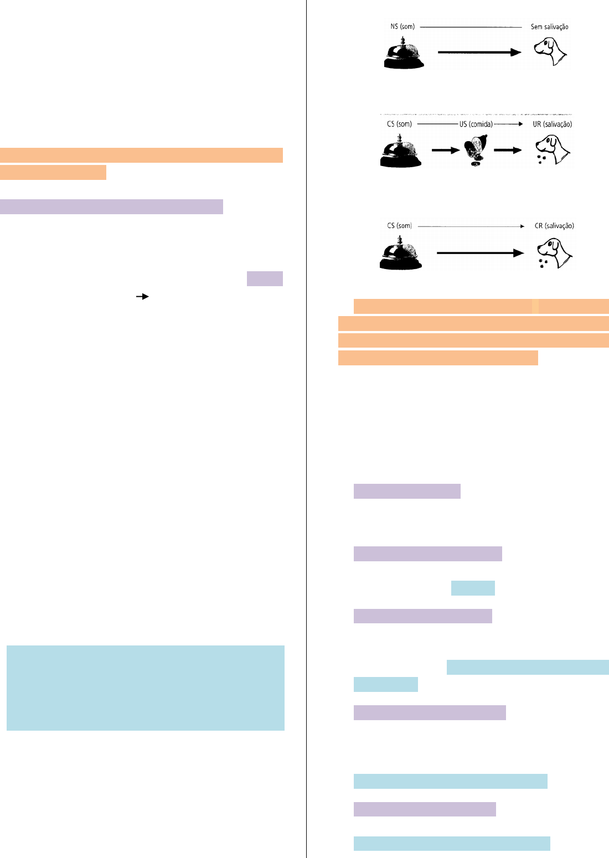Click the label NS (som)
402,27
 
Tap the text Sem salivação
549,27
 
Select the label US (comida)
476,124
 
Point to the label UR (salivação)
553,124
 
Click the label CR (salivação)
554,226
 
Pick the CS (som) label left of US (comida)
399,124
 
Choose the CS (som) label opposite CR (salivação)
399,226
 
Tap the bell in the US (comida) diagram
401,151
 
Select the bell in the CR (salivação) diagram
401,253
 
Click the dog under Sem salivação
550,51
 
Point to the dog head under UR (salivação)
553,150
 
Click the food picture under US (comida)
476,150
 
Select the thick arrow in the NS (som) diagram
479,52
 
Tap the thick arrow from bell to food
446,150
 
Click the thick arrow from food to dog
508,150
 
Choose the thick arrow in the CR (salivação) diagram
481,253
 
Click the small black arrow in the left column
142,297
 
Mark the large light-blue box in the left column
146,688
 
